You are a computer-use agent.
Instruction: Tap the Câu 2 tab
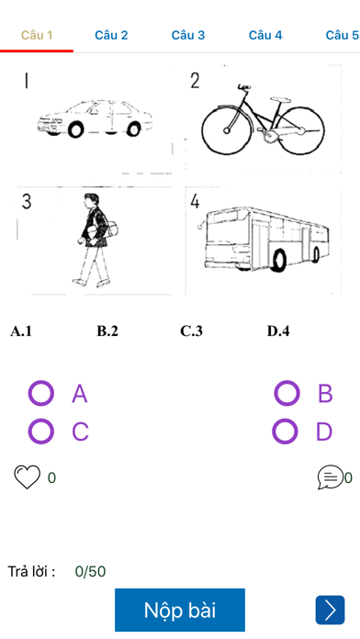(x=111, y=36)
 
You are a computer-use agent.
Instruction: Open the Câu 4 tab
(x=265, y=36)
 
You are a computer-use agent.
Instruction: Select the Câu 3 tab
(x=188, y=36)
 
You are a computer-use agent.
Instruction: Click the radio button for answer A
(x=40, y=393)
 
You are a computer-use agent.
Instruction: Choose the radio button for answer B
(x=287, y=393)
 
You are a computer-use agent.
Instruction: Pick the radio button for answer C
(x=40, y=431)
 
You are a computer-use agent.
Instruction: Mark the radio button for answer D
(x=285, y=431)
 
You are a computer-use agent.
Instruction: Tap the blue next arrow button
(x=330, y=610)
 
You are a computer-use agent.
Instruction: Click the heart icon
(x=28, y=476)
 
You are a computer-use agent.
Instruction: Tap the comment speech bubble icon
(x=331, y=476)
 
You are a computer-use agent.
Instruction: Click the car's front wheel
(x=76, y=129)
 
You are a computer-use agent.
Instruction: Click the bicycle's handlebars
(x=243, y=87)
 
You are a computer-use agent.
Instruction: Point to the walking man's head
(x=91, y=200)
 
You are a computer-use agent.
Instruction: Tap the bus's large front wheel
(x=279, y=260)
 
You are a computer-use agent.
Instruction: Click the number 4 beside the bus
(x=195, y=201)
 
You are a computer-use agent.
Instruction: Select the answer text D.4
(x=278, y=331)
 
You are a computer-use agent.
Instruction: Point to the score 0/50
(x=91, y=572)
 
